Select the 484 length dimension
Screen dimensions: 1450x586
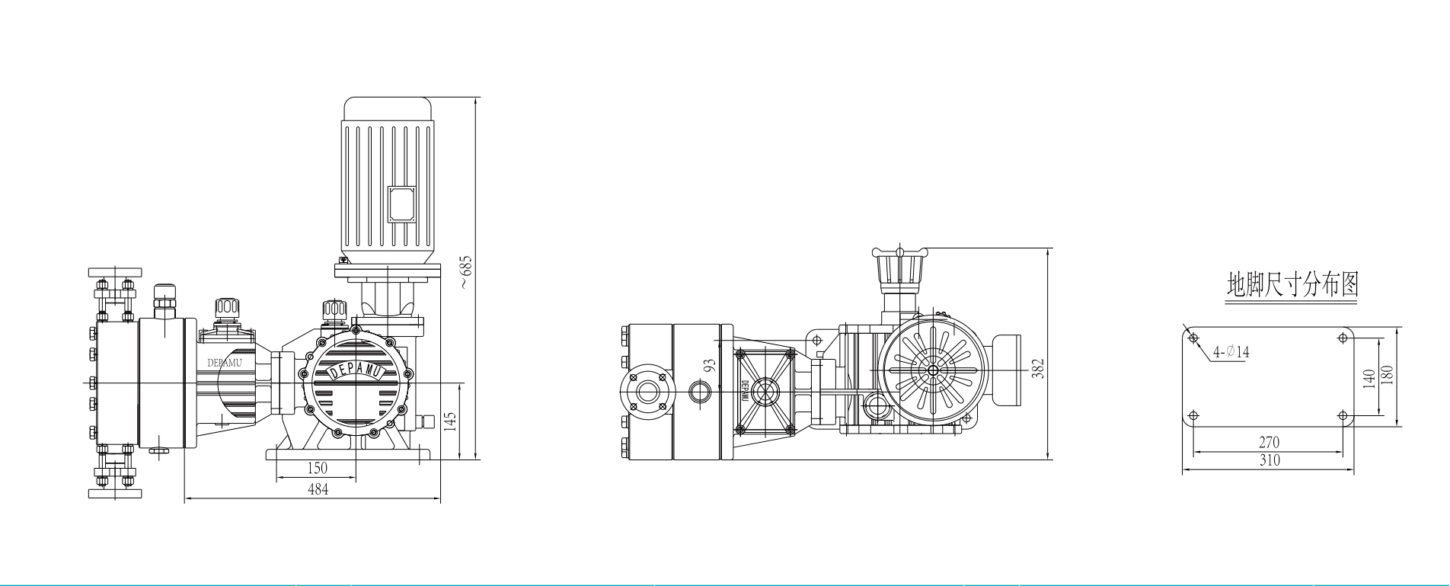click(318, 489)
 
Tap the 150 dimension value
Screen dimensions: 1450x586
click(317, 468)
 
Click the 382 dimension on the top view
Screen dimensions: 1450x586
click(1037, 367)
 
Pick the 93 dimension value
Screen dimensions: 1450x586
click(710, 365)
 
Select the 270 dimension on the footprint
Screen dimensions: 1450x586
click(1269, 442)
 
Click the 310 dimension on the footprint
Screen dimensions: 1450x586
click(1269, 460)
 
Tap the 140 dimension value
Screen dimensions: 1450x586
click(1369, 377)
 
